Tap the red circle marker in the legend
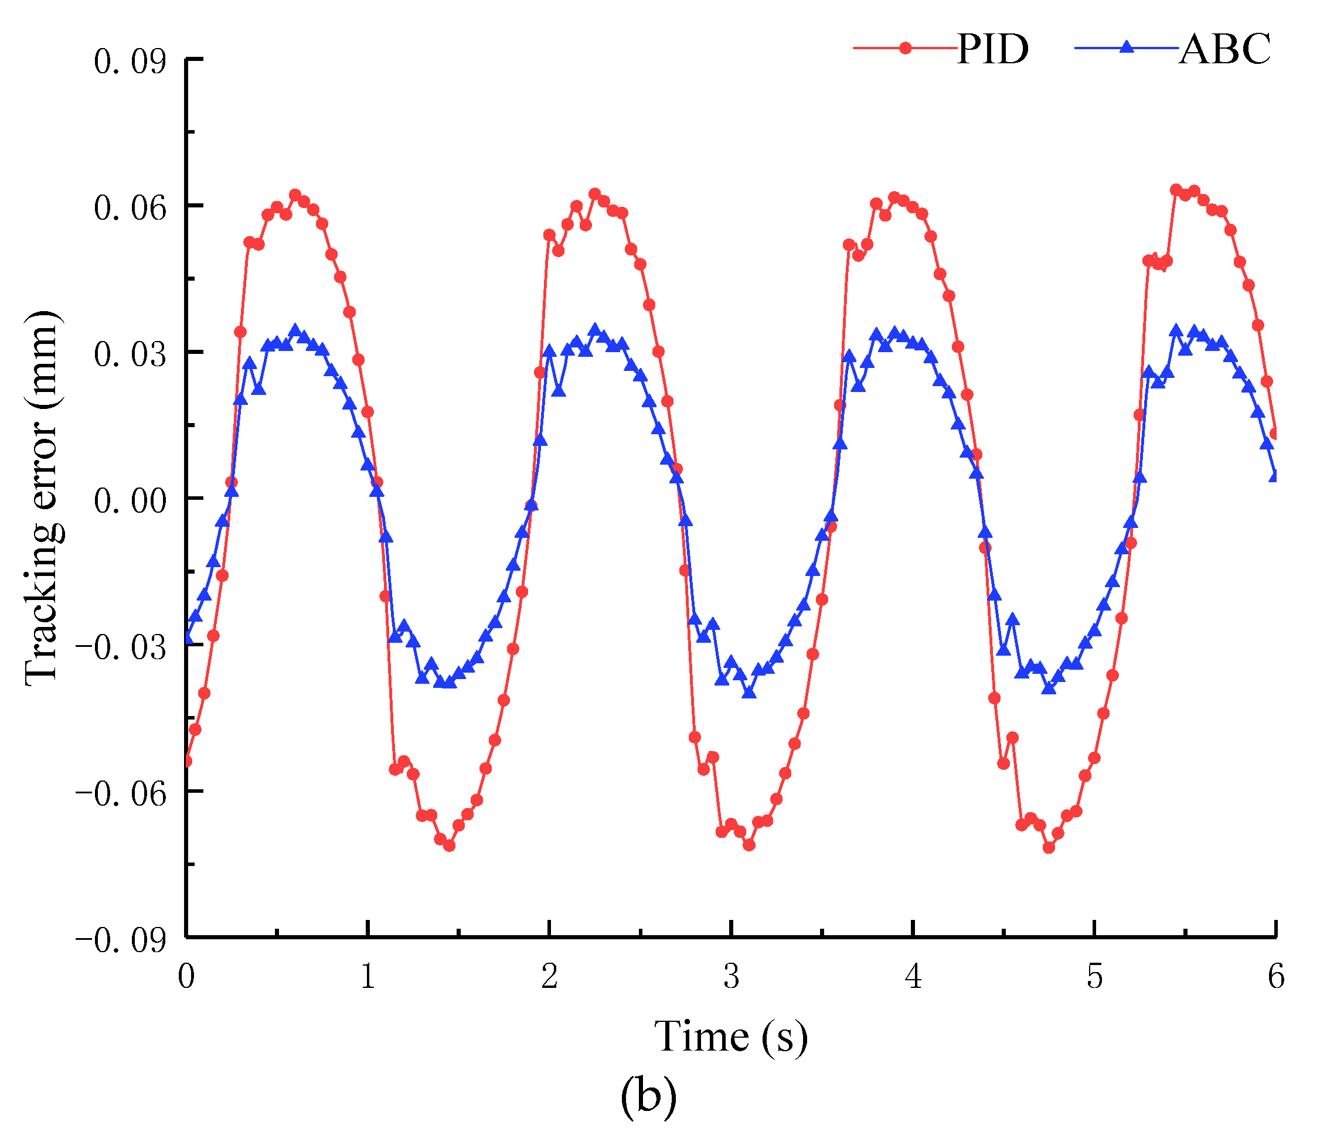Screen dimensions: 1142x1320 pos(905,48)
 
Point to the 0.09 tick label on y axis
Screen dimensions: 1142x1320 pos(130,62)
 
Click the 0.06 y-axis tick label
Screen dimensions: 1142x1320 pos(130,208)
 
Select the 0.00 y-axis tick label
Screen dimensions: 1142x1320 pos(130,500)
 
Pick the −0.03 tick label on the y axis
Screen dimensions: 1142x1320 pos(121,647)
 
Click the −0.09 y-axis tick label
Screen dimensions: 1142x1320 pos(121,940)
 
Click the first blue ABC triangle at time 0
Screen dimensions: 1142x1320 pos(187,638)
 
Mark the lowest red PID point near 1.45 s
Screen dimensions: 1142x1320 pos(450,846)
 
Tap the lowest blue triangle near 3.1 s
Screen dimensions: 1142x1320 pos(750,692)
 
